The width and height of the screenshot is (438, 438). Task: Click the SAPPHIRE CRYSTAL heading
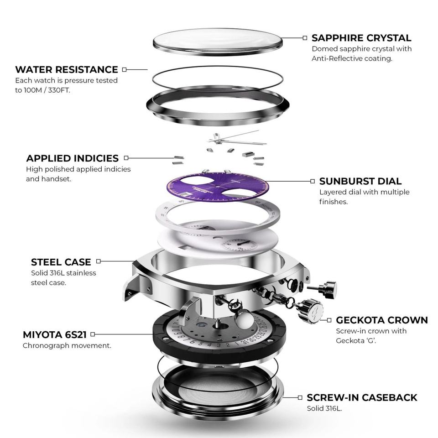[x=361, y=38]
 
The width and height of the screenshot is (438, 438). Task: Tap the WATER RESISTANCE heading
[x=67, y=70]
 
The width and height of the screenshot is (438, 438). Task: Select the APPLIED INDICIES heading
[x=72, y=158]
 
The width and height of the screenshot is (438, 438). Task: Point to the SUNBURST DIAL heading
[x=360, y=181]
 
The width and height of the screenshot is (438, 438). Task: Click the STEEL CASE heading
[x=61, y=262]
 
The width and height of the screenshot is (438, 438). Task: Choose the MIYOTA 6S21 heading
[x=55, y=335]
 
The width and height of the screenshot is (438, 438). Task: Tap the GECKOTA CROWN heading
[x=382, y=320]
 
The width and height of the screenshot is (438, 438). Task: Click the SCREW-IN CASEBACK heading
[x=362, y=397]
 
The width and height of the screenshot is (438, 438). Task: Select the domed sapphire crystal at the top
[x=217, y=41]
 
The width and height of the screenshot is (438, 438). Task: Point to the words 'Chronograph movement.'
[x=67, y=345]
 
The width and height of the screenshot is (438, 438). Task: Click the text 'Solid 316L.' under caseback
[x=324, y=408]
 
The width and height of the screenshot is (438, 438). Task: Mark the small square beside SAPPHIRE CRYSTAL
[x=305, y=38]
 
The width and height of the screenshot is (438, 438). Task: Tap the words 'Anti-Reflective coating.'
[x=352, y=58]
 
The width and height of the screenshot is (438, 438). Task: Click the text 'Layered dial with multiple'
[x=365, y=192]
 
